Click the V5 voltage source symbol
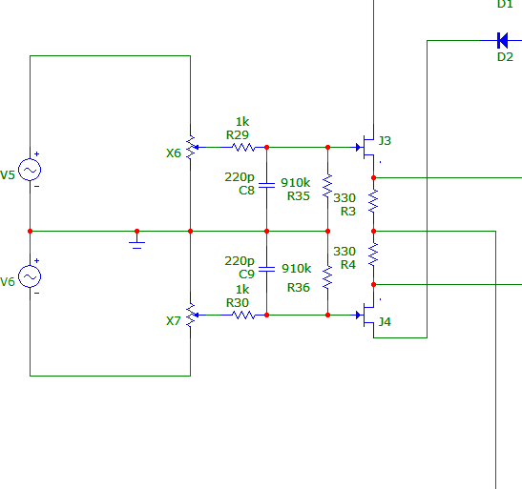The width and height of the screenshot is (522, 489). click(30, 170)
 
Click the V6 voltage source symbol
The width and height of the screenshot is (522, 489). click(30, 276)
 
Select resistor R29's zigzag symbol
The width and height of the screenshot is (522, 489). click(243, 147)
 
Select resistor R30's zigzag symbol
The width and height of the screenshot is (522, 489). click(243, 316)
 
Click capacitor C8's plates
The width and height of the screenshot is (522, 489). click(266, 186)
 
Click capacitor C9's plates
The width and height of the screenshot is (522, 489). click(266, 269)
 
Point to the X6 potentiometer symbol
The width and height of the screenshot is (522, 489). click(191, 147)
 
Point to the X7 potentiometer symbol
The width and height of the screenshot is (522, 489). click(191, 316)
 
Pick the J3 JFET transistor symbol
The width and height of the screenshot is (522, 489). click(366, 147)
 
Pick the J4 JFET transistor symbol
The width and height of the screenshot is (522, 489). click(366, 316)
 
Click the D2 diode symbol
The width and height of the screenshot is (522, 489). click(502, 41)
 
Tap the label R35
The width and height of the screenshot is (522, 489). click(299, 196)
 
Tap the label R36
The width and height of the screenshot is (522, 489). click(299, 288)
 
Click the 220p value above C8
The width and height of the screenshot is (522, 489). click(240, 177)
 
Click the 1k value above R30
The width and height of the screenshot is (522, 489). click(242, 290)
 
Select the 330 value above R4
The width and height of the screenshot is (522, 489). click(345, 252)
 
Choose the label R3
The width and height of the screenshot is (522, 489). click(348, 212)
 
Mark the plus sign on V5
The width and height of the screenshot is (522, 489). click(37, 153)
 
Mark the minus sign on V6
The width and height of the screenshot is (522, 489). click(37, 293)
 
